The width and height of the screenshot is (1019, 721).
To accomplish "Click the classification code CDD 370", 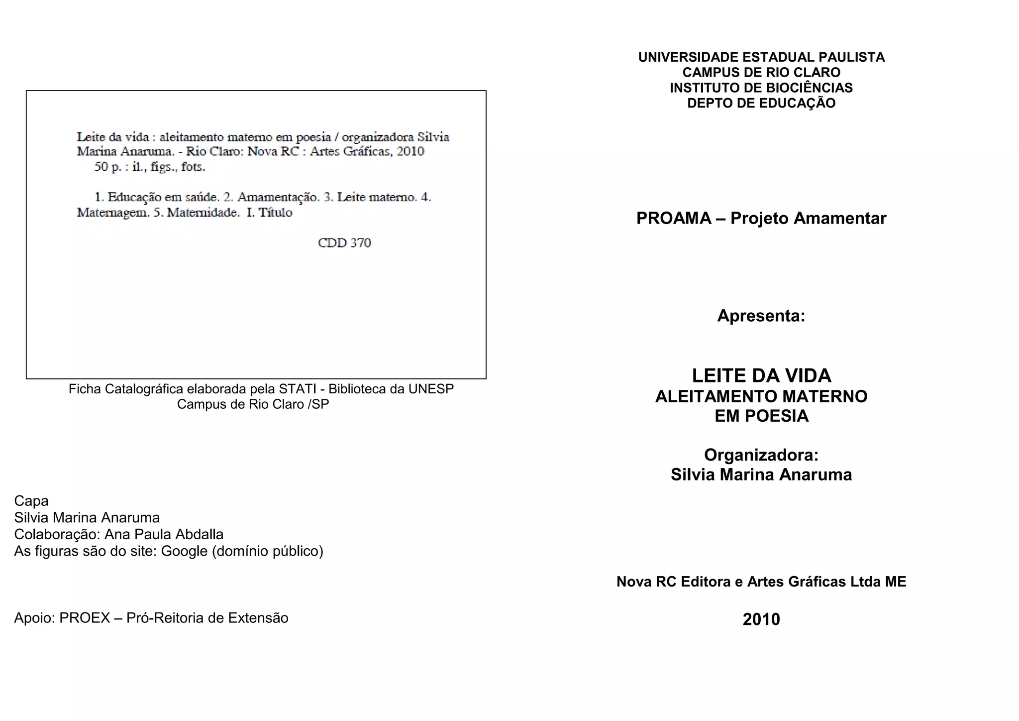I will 344,243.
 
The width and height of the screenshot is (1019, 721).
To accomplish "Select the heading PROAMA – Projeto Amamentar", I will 761,219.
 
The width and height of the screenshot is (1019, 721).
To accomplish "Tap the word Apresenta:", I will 761,316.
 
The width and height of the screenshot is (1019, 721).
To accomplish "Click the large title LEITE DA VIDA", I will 761,375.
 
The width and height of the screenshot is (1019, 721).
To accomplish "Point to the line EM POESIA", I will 761,416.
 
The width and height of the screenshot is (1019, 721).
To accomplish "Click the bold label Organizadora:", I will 761,455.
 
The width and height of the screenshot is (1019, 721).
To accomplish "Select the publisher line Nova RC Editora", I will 761,582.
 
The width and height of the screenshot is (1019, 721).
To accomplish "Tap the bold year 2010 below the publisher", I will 761,619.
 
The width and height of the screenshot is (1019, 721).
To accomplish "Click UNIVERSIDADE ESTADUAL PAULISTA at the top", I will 761,57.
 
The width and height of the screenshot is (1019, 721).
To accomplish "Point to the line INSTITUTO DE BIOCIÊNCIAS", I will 761,88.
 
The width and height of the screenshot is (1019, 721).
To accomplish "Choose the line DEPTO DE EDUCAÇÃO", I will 761,103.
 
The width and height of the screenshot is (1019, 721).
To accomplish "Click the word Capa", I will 31,501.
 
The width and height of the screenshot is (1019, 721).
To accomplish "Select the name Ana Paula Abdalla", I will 164,534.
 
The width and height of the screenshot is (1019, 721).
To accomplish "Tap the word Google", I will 184,551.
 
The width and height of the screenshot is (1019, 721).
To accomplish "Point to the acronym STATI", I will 298,389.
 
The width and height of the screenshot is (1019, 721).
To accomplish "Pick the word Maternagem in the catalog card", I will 112,213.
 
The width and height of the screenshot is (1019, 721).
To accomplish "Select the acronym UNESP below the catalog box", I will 431,389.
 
